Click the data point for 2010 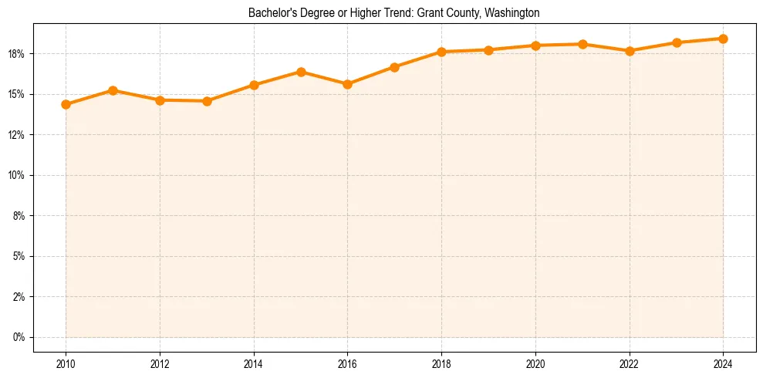[66, 104]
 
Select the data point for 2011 [113, 90]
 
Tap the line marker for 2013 [207, 101]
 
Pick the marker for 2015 [301, 72]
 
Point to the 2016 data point [347, 84]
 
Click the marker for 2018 [441, 52]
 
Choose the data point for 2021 [582, 44]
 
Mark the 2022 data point [630, 51]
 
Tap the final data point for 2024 [723, 39]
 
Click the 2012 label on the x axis [160, 364]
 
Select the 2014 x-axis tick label [254, 364]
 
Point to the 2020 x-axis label [535, 364]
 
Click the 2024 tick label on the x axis [723, 364]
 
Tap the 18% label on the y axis [18, 54]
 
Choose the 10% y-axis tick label [18, 175]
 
